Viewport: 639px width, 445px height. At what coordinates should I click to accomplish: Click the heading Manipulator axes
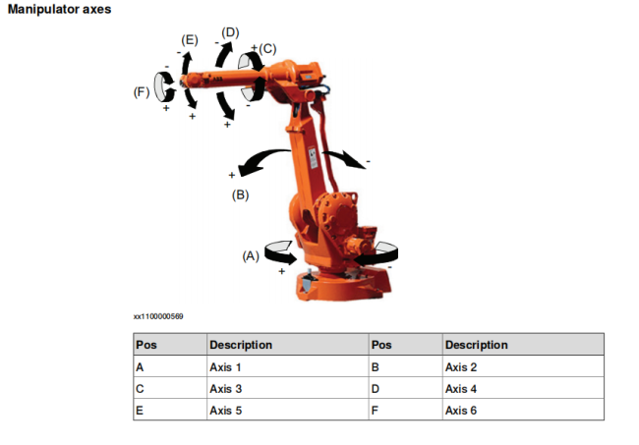click(x=60, y=9)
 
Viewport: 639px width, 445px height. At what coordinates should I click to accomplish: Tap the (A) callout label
click(x=251, y=256)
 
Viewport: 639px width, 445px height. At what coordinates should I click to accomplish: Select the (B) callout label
click(x=241, y=195)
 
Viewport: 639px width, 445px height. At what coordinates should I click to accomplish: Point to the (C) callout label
click(x=267, y=49)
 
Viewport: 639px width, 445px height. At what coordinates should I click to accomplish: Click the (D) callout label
click(x=230, y=32)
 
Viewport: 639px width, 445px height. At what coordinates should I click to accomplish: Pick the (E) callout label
click(x=190, y=40)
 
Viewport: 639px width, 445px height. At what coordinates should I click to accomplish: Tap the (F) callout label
click(x=142, y=92)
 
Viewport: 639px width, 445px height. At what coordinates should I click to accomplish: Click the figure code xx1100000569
click(x=158, y=316)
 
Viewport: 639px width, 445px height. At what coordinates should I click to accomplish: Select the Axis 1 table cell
click(x=287, y=366)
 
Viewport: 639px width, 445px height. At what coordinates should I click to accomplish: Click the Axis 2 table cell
click(x=523, y=366)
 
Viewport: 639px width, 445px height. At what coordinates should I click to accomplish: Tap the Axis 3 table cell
click(x=287, y=388)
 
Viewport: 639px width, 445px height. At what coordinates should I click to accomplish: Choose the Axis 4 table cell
click(x=523, y=388)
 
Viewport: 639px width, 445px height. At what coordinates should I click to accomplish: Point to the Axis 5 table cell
click(x=287, y=410)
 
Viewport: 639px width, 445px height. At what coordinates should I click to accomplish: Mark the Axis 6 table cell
click(x=523, y=410)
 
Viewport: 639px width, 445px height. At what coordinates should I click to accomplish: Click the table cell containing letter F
click(x=405, y=410)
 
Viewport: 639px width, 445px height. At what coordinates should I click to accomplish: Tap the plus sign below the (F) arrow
click(x=166, y=108)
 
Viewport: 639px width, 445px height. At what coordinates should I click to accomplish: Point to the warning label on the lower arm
click(x=313, y=157)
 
